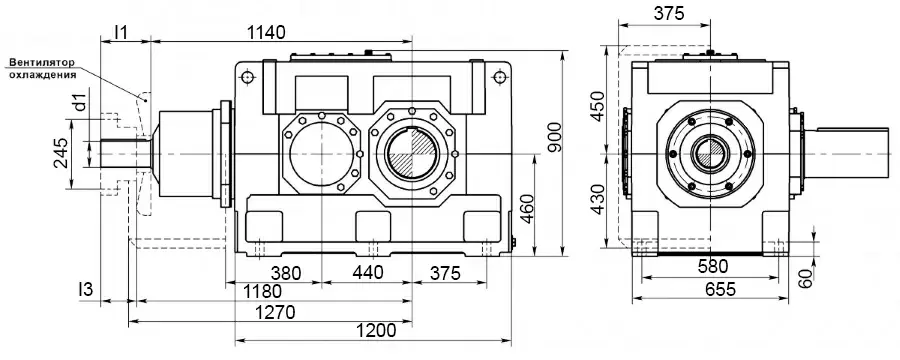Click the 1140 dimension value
click(266, 32)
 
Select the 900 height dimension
click(554, 137)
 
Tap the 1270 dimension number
click(277, 312)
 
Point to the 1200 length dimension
click(377, 331)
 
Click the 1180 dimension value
click(262, 291)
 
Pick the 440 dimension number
click(368, 273)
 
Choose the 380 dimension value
click(286, 273)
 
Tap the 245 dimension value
click(61, 153)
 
